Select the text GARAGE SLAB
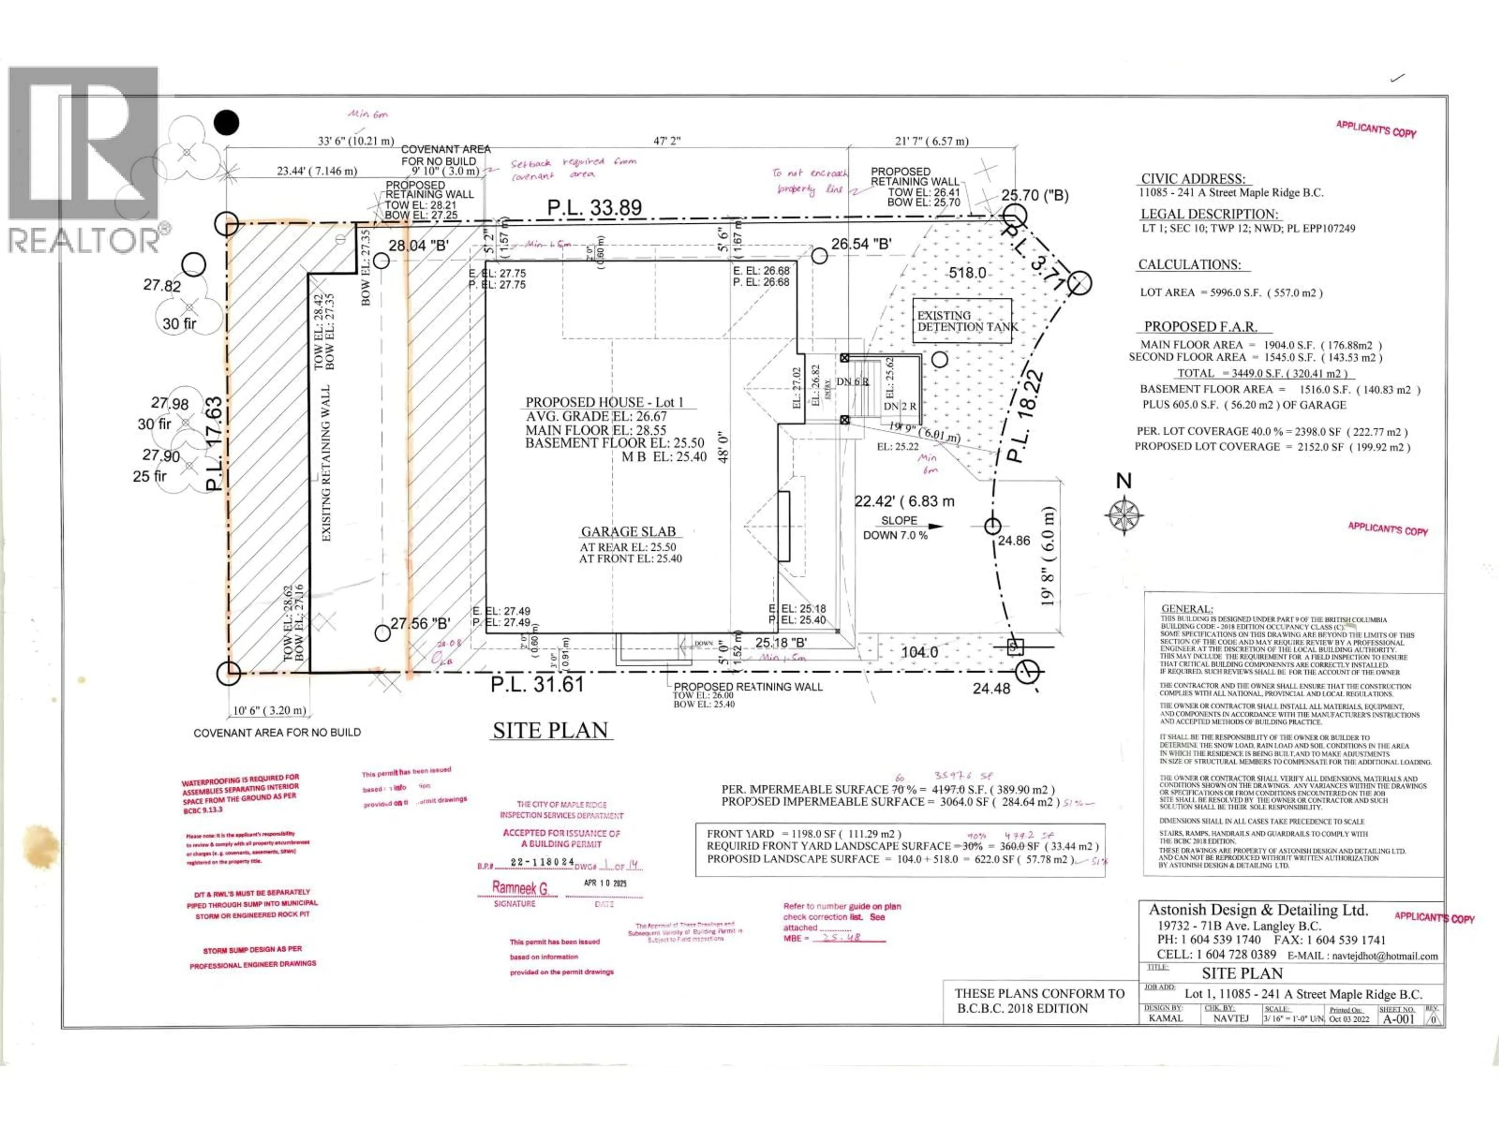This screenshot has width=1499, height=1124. (x=628, y=532)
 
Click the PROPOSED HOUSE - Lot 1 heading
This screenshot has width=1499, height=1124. (x=604, y=402)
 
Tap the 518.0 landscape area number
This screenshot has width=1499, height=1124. (x=967, y=273)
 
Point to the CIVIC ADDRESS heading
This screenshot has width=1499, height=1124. (x=1193, y=179)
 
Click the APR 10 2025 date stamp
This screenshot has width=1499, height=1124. (x=605, y=884)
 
